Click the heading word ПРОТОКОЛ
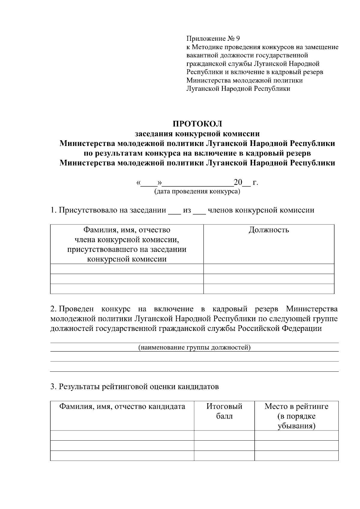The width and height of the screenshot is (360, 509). [x=197, y=124]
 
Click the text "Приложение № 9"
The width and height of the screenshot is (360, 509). [x=213, y=39]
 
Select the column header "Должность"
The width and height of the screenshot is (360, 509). [x=269, y=230]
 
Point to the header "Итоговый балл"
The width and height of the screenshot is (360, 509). [x=224, y=411]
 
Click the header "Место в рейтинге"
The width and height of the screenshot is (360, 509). [x=296, y=406]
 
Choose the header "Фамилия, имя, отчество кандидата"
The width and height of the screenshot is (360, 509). [x=122, y=406]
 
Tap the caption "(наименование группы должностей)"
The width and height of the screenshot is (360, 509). [x=194, y=347]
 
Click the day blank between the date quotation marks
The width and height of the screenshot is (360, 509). [x=149, y=183]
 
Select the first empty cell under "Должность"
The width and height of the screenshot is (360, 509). [x=269, y=269]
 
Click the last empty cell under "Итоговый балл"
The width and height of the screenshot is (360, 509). [x=224, y=455]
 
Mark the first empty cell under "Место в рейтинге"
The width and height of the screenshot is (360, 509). [x=296, y=435]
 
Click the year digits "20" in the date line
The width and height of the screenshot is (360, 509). [x=238, y=182]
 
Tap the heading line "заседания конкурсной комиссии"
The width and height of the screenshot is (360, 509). [x=197, y=134]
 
